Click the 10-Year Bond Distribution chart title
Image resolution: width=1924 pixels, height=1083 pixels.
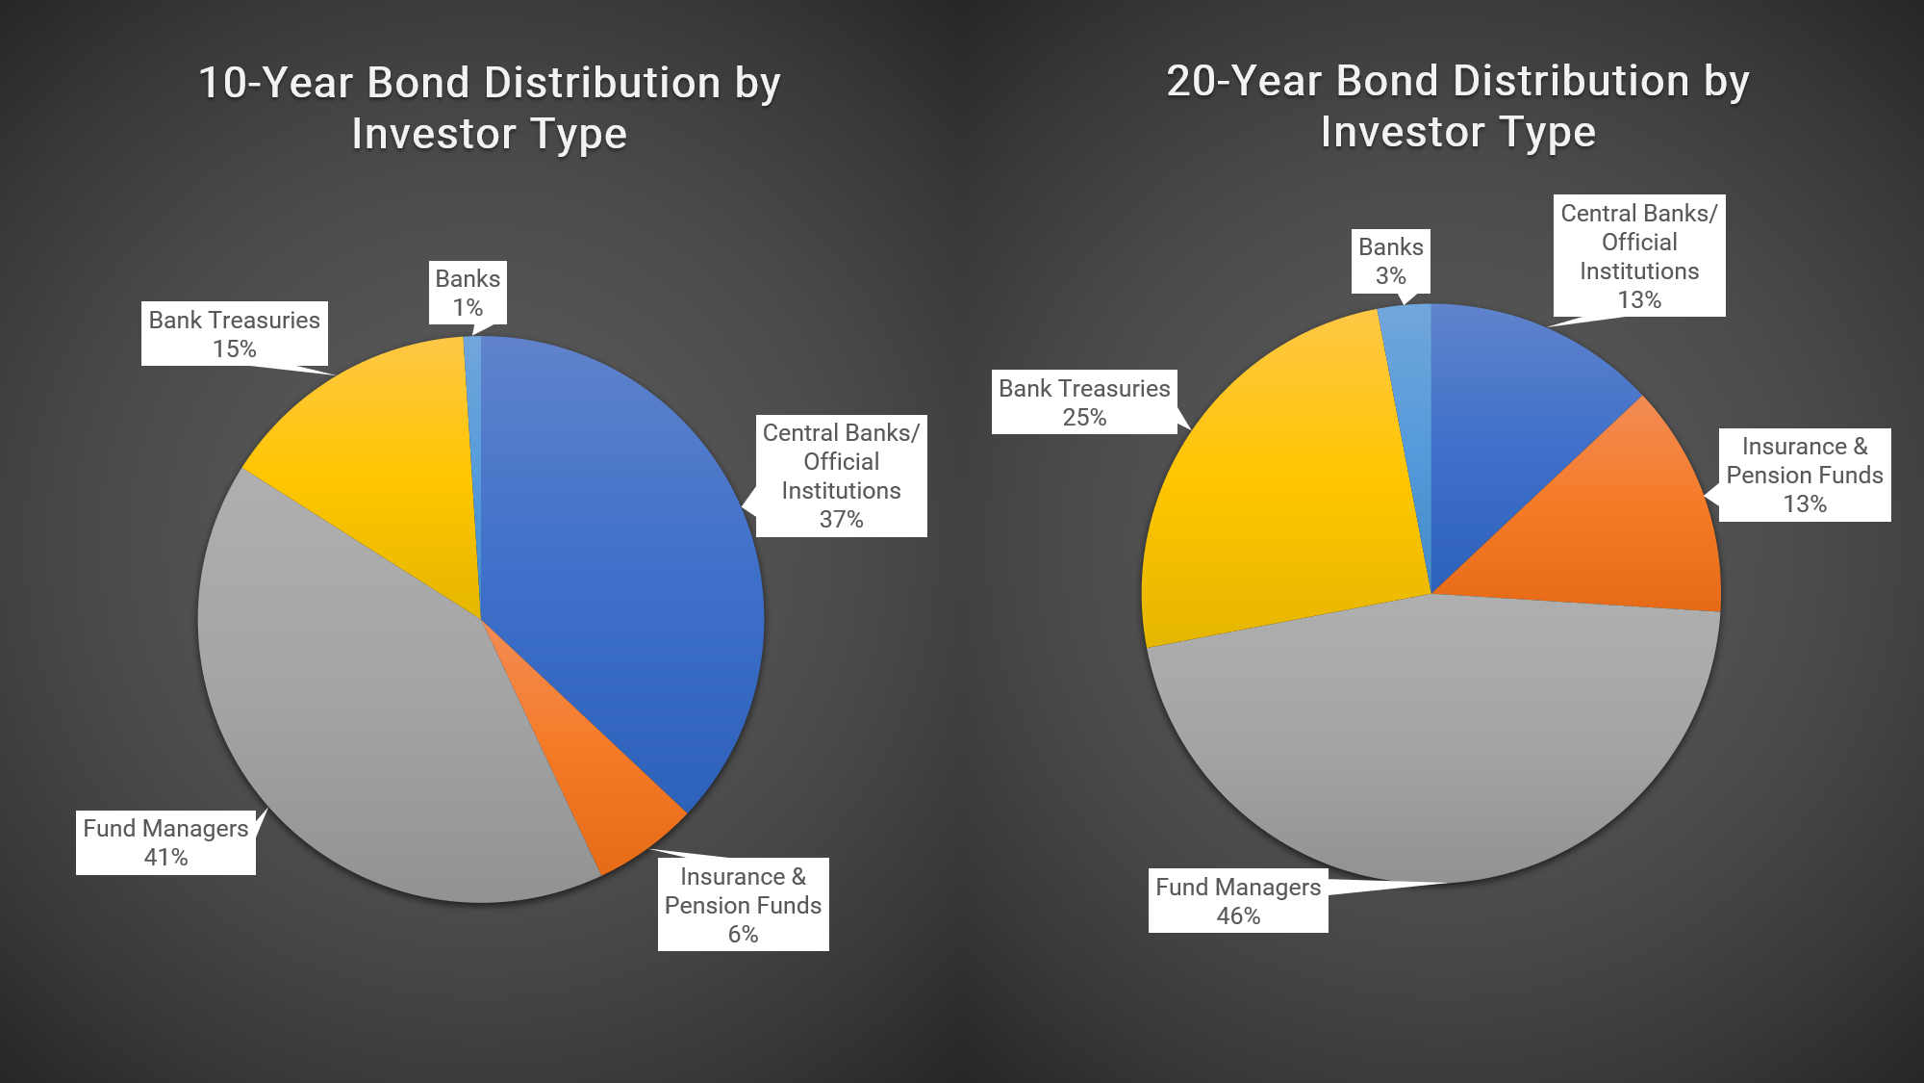point(489,108)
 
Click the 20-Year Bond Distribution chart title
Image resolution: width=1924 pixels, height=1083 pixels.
point(1457,106)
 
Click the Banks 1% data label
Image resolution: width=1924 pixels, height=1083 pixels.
point(468,294)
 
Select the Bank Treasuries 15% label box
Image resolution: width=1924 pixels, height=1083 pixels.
point(234,334)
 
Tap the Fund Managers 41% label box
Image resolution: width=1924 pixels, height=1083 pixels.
point(165,842)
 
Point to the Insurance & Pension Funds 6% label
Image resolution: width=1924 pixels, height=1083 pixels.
point(743,905)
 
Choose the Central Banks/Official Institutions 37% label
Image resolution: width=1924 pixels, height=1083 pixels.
point(841,476)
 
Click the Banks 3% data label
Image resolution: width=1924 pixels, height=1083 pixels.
point(1390,261)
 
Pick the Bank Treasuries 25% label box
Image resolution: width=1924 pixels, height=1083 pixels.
point(1084,402)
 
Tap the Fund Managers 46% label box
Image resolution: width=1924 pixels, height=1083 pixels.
point(1238,901)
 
